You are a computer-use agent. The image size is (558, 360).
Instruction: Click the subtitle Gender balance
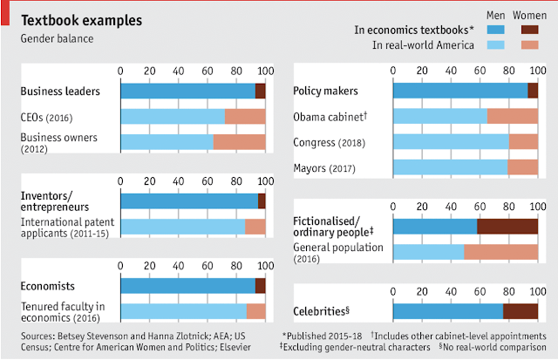57,37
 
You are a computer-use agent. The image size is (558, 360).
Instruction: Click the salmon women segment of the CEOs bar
245,116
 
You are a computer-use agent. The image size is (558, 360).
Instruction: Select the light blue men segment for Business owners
167,141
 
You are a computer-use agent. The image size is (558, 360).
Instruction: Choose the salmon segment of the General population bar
500,252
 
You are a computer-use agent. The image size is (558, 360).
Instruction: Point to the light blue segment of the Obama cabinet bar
440,116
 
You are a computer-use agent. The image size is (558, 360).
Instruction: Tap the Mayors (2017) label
324,168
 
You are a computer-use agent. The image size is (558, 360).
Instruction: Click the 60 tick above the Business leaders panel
208,71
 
